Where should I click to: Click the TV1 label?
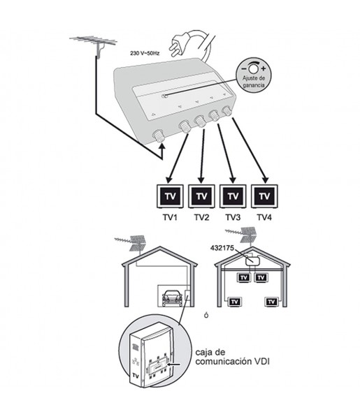point(170,217)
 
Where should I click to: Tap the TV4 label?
point(264,217)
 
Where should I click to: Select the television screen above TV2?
point(201,196)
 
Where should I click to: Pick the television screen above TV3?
point(233,196)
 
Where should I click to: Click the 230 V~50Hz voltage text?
point(145,54)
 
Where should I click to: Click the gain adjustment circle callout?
point(254,75)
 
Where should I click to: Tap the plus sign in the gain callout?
point(264,68)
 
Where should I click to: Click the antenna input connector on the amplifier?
point(159,136)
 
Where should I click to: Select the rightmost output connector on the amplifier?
point(227,110)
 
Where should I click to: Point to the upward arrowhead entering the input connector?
point(161,146)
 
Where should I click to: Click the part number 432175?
point(222,248)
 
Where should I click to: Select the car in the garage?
point(172,297)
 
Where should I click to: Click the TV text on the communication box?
point(136,376)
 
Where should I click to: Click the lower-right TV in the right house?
point(272,302)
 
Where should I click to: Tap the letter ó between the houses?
point(206,315)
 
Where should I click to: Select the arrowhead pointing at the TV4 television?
point(265,179)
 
